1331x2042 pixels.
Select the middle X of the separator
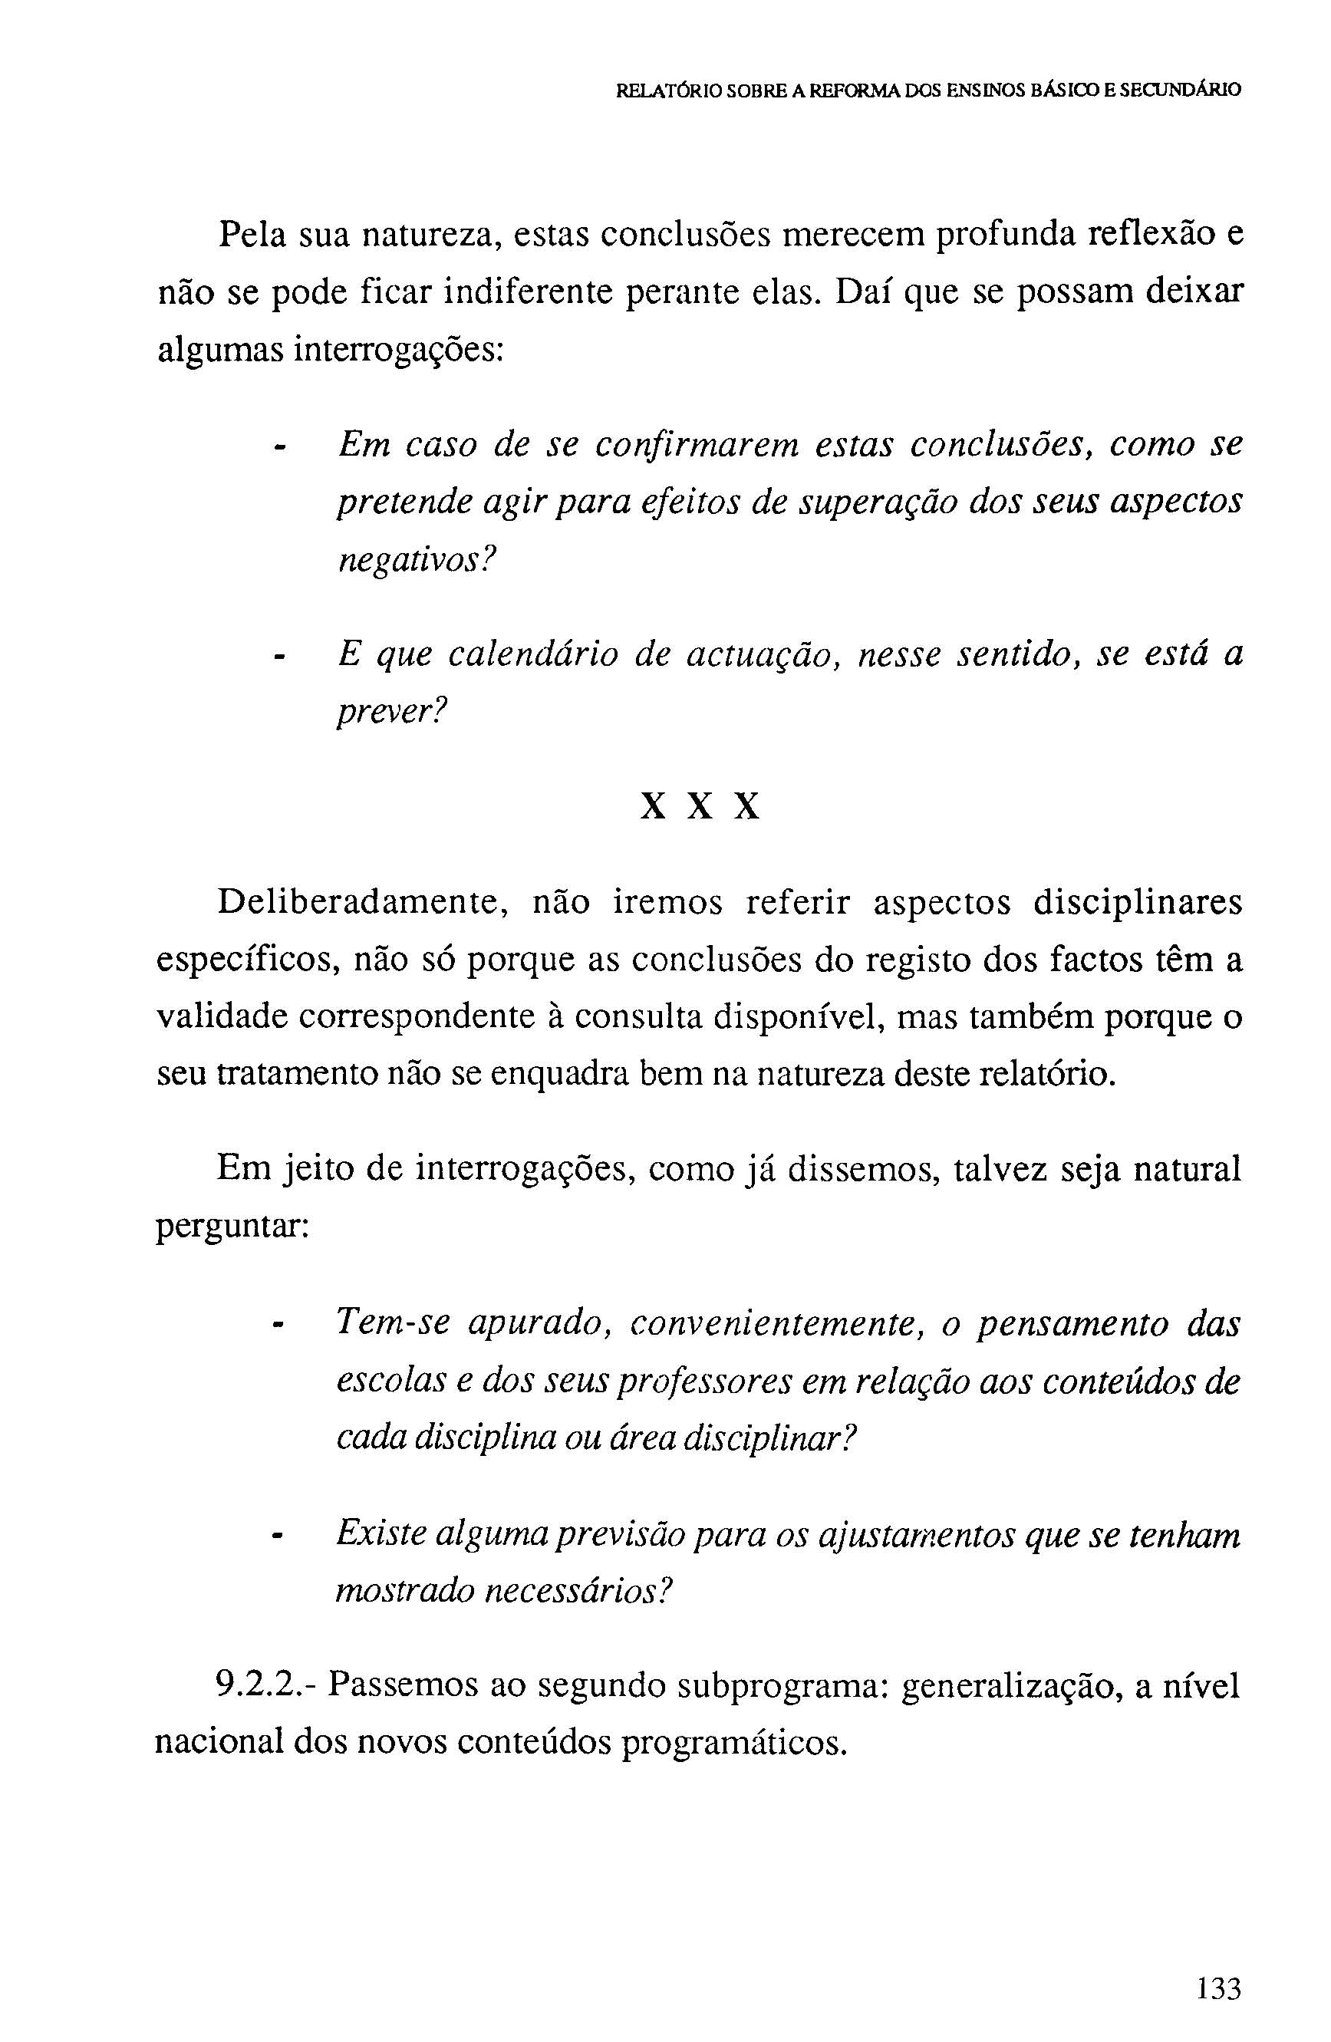[701, 806]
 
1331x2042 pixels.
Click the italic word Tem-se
[392, 1322]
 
